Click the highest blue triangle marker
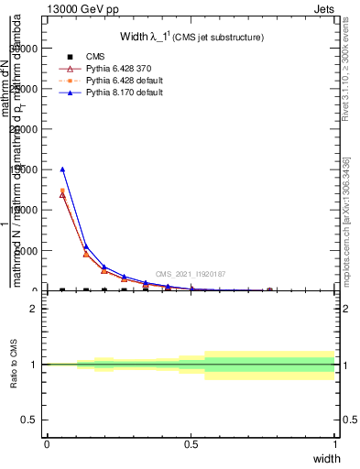click(x=62, y=169)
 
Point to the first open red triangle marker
click(x=62, y=194)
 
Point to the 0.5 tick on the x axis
click(x=191, y=444)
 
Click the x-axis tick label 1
click(x=335, y=444)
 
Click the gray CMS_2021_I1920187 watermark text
click(x=190, y=274)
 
